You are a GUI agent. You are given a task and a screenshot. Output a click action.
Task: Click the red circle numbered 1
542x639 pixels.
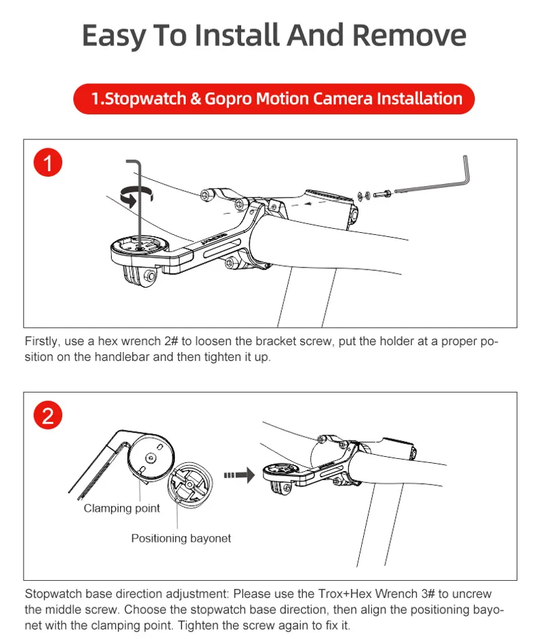coord(47,163)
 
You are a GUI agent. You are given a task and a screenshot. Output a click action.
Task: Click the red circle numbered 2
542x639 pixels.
coord(47,415)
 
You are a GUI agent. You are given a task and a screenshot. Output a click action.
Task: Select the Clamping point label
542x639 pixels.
coord(122,508)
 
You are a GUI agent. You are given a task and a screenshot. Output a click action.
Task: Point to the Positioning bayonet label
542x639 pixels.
coord(181,538)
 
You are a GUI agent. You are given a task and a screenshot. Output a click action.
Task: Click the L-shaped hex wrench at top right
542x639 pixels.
coord(434,179)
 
